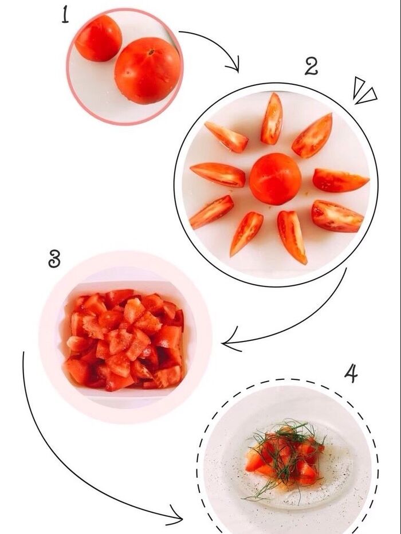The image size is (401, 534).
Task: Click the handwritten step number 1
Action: [x=65, y=15]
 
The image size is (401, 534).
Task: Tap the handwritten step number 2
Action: [x=311, y=66]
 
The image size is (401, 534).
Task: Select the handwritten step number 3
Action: [x=54, y=258]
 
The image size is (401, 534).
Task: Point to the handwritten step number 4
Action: [x=351, y=373]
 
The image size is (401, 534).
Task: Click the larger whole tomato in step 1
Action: [x=147, y=70]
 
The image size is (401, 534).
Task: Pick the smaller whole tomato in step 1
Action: [x=99, y=38]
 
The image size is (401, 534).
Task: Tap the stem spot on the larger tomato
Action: [x=151, y=52]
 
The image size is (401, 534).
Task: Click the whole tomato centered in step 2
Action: [x=276, y=179]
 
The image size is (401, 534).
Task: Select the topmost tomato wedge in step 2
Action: [x=272, y=119]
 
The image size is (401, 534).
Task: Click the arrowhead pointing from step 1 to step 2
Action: [x=234, y=66]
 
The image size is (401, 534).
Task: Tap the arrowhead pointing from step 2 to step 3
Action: [x=231, y=339]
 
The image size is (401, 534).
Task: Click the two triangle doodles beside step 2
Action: [x=364, y=91]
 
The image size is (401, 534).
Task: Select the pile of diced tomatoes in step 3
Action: [x=124, y=339]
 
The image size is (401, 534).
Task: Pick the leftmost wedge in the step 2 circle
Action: [x=218, y=174]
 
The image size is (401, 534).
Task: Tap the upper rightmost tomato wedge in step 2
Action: [x=313, y=136]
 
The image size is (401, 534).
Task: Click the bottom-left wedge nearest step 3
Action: [x=211, y=212]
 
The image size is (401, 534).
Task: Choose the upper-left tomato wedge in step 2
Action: [x=226, y=137]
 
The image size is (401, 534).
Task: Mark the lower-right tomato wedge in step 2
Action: [x=337, y=216]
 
